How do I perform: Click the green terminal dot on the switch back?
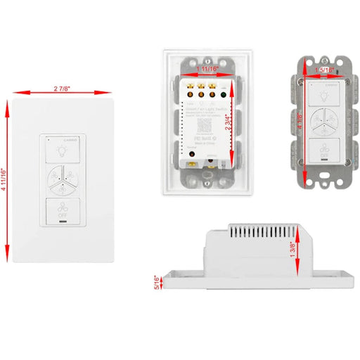(221, 91)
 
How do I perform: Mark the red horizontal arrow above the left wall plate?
(58, 92)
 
